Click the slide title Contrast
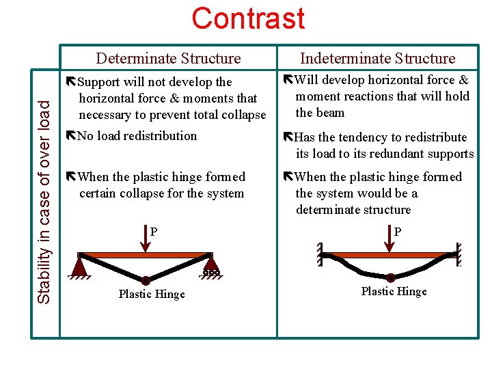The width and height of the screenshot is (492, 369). [x=248, y=18]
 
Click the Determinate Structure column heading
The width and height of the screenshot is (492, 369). [x=168, y=59]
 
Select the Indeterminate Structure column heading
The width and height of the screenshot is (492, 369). [x=377, y=59]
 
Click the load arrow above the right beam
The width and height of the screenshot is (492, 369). [x=390, y=236]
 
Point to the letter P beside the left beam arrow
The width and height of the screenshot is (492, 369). [x=154, y=232]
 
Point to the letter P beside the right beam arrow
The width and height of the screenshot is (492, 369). [x=398, y=232]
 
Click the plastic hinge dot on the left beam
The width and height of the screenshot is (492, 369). [x=146, y=280]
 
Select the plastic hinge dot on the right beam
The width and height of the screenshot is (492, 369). [x=390, y=277]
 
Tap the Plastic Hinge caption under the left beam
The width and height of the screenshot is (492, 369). [x=151, y=295]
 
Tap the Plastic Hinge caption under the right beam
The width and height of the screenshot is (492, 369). [x=394, y=292]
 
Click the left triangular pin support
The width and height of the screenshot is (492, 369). [x=81, y=264]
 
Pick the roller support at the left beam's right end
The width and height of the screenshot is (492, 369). [x=210, y=265]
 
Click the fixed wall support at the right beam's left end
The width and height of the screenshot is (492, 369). [x=320, y=254]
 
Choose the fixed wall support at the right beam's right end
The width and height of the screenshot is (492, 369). [x=461, y=254]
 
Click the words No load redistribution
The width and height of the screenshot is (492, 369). [x=137, y=136]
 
